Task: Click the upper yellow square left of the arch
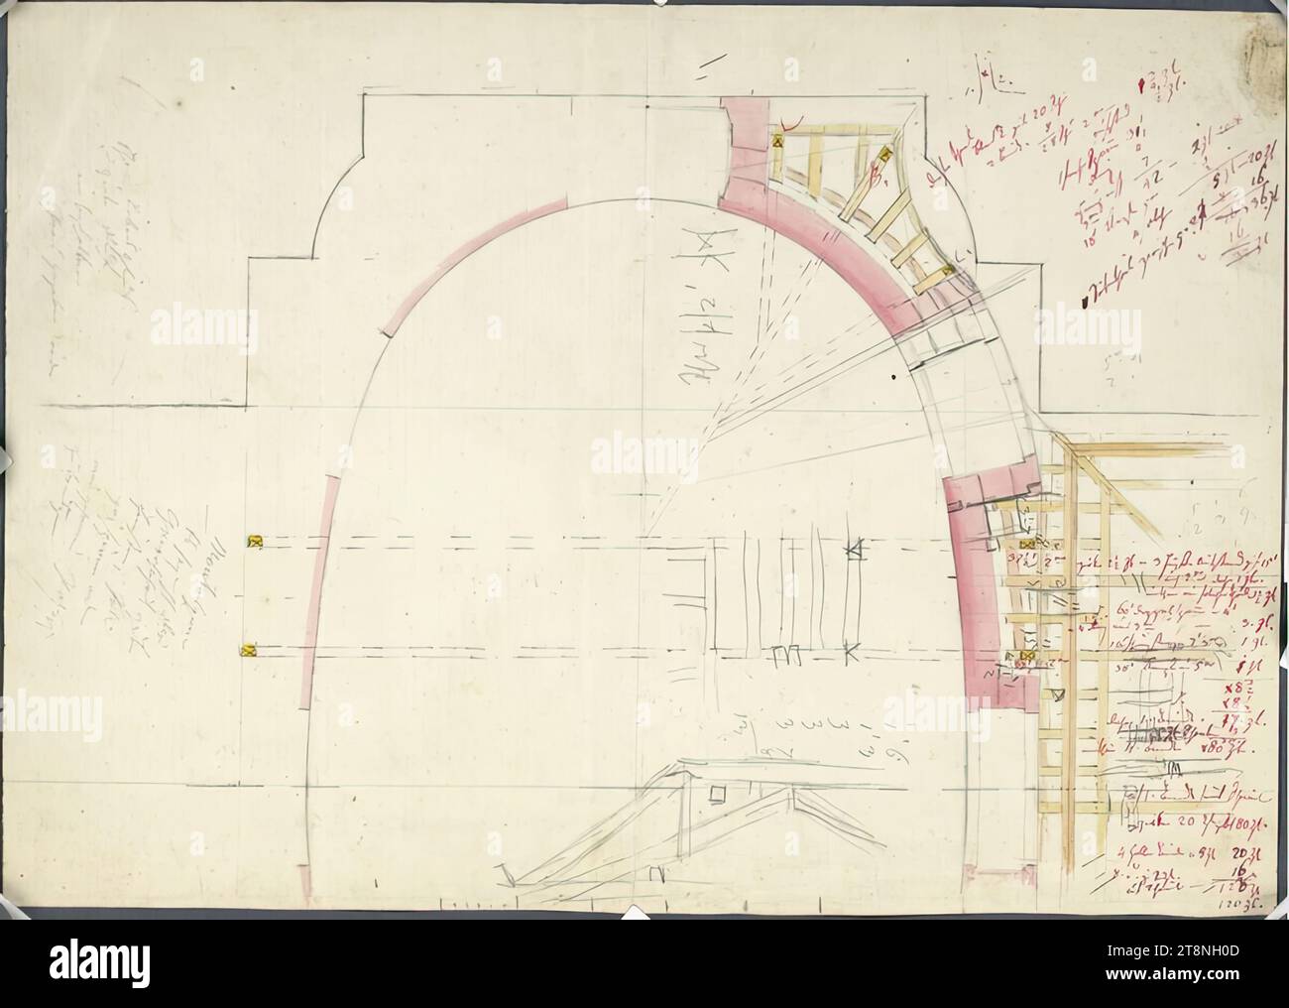(255, 541)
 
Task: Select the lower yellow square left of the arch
(248, 651)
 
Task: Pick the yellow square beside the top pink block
(778, 142)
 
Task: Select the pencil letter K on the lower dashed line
(850, 653)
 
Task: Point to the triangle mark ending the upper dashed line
(855, 547)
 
